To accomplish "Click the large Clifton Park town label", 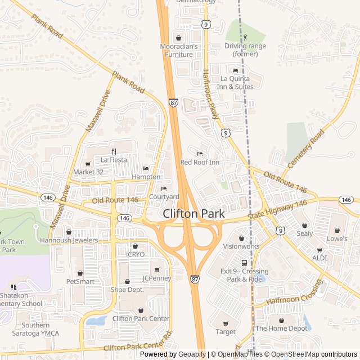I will click(x=193, y=214).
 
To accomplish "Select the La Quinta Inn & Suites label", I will click(x=236, y=83).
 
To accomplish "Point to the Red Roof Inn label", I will click(x=199, y=162).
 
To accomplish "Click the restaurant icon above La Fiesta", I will click(x=114, y=151).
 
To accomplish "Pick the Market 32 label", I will click(x=89, y=172).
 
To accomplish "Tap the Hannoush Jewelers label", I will click(x=69, y=240).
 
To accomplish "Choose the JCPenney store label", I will click(x=157, y=278).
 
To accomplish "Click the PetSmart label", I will click(x=80, y=281).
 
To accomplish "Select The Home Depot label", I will click(x=281, y=328).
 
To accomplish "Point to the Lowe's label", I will click(x=337, y=238).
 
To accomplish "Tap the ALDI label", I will click(x=319, y=258).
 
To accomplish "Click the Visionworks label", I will click(x=241, y=246).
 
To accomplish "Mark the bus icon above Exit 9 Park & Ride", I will click(x=244, y=263).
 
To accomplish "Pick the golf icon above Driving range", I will click(x=245, y=37).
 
